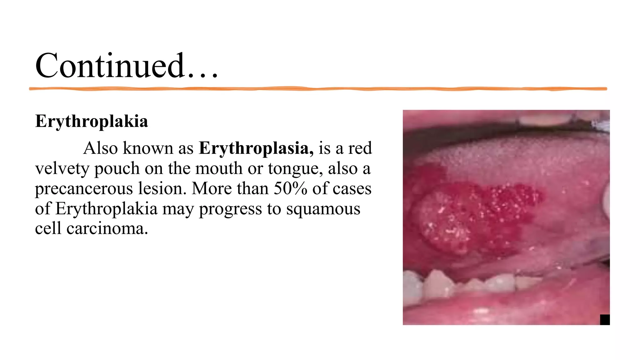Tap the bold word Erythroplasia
(256, 148)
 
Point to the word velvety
(62, 169)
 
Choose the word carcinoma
(107, 229)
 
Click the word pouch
(117, 169)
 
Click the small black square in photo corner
(605, 320)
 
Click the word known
(148, 148)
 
